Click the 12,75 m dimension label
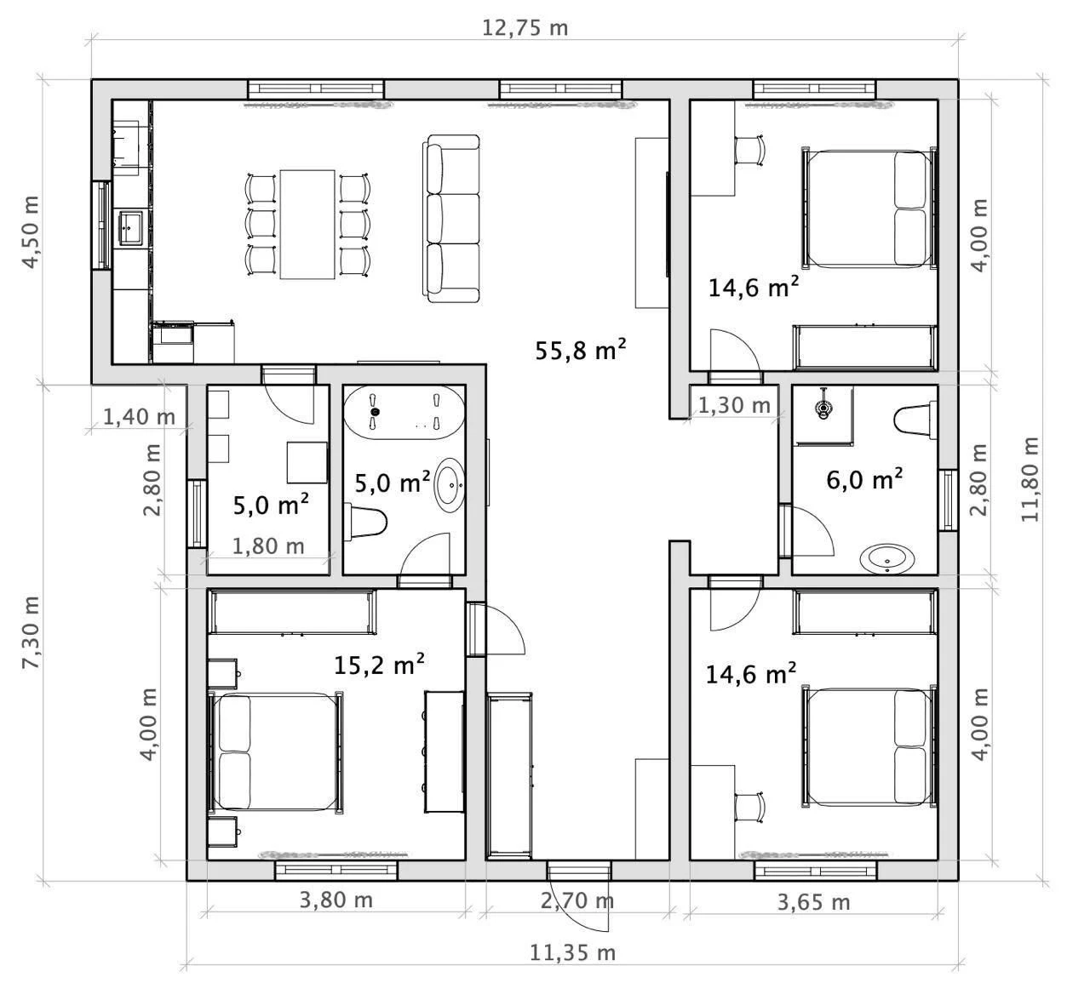coord(525,28)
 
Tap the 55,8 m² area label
coord(580,350)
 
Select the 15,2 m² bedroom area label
coord(379,665)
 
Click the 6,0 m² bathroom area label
coord(864,480)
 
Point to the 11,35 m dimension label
coord(573,952)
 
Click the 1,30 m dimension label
coord(734,405)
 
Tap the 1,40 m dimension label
coord(139,417)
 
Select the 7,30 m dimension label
coord(31,633)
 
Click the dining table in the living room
coord(307,225)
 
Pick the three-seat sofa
coord(451,219)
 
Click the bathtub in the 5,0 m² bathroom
coord(404,413)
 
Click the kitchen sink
coord(130,229)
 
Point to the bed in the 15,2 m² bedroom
coord(276,751)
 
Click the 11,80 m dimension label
coord(1030,480)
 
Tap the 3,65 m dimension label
coord(813,902)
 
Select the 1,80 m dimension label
coord(268,546)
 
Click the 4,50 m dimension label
coord(31,232)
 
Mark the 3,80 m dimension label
coord(336,900)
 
